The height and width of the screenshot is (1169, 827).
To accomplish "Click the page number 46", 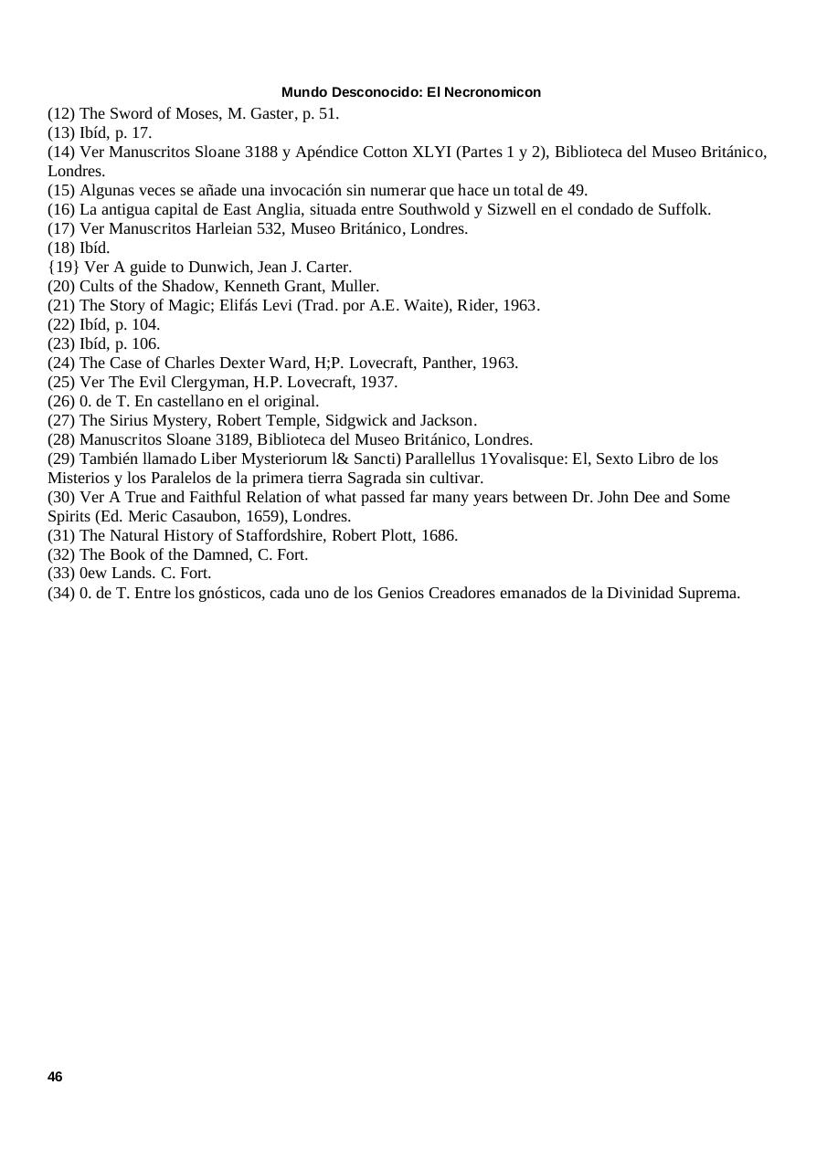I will [55, 1077].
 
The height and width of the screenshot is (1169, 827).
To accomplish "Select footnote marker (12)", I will [61, 114].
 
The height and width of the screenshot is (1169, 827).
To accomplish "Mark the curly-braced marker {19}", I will [62, 267].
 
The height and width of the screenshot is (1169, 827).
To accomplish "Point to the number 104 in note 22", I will [146, 324].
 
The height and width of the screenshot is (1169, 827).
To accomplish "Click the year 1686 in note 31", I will [439, 535].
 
